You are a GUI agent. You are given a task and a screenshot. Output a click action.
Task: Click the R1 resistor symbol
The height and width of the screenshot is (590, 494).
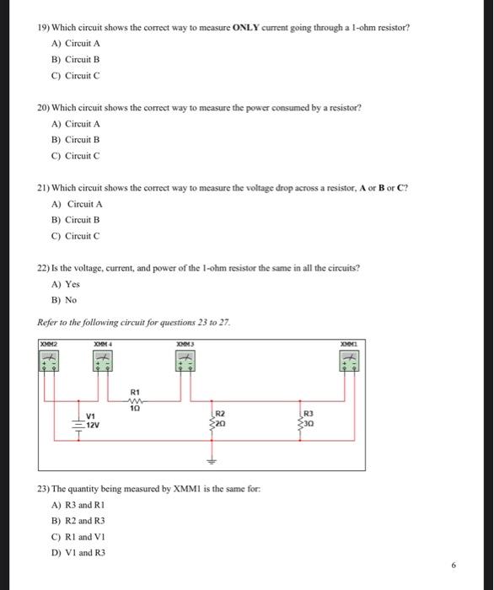pyautogui.click(x=135, y=401)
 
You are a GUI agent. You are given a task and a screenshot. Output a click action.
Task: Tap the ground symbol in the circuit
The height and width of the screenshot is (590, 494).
pyautogui.click(x=212, y=460)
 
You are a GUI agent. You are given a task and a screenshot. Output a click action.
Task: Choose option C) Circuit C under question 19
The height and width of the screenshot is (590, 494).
pyautogui.click(x=75, y=76)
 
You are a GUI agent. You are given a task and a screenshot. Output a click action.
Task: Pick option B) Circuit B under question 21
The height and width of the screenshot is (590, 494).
pyautogui.click(x=75, y=220)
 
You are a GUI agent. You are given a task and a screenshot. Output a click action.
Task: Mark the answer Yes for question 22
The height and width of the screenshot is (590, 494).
pyautogui.click(x=60, y=284)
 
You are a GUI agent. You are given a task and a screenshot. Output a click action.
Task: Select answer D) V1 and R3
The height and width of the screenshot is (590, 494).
pyautogui.click(x=78, y=552)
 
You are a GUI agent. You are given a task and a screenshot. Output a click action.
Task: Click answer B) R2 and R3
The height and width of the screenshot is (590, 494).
pyautogui.click(x=78, y=521)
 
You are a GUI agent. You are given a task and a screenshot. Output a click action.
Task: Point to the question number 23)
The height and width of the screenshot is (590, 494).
pyautogui.click(x=44, y=489)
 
